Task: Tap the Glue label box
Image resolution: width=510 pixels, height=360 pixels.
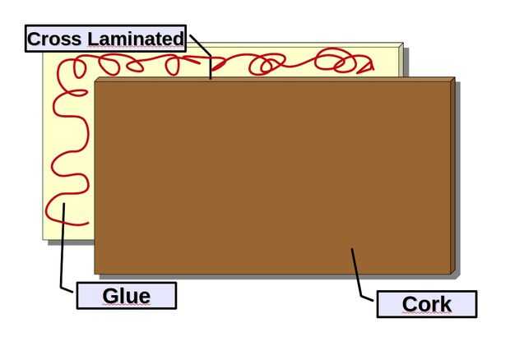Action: point(127,296)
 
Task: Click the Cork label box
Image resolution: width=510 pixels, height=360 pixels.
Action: point(427,304)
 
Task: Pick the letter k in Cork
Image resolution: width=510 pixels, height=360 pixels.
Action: point(445,304)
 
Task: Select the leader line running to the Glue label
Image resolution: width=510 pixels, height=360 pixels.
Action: point(62,247)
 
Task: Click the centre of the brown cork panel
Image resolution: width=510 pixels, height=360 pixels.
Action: point(273,177)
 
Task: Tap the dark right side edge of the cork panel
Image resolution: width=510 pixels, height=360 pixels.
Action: point(453,177)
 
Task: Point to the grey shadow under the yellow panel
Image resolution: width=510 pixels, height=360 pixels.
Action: point(70,242)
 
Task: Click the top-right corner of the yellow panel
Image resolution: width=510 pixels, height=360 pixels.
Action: point(402,44)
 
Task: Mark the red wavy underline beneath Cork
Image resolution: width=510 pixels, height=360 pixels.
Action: point(427,315)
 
